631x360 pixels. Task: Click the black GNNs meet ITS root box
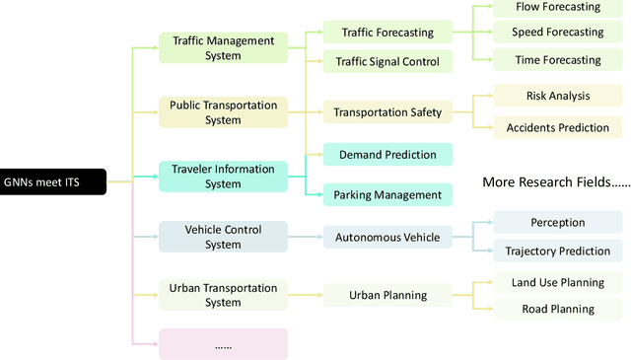52,181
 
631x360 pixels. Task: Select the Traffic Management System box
223,48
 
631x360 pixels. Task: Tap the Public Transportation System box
223,112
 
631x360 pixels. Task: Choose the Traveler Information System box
223,177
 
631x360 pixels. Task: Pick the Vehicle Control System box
223,238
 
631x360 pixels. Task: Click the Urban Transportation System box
223,295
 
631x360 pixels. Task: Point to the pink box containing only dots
223,344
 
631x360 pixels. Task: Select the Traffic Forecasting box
387,33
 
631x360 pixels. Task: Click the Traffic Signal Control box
387,62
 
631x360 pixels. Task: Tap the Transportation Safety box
387,111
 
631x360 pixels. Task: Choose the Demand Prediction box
387,155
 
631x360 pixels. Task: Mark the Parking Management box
387,194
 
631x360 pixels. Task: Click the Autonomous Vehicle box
387,237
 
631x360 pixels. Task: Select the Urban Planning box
387,295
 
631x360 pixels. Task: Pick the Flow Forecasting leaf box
557,8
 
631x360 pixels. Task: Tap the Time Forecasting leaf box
557,60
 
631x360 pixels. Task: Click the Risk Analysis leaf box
557,97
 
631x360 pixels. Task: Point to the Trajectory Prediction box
557,252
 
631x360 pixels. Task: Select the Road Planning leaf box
557,309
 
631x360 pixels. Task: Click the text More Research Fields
555,182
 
